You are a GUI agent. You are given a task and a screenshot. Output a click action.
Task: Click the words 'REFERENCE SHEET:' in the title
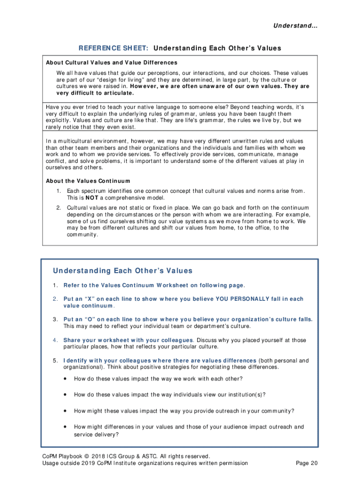(114, 48)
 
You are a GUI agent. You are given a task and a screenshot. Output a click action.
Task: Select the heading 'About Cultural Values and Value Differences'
(111, 63)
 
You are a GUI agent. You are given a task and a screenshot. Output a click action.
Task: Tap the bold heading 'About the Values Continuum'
(88, 181)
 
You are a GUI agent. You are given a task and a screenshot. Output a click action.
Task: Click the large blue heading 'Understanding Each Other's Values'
(122, 271)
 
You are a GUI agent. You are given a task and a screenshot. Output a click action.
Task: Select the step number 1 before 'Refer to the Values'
(55, 285)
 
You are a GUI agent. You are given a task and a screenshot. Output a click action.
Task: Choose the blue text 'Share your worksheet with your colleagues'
(128, 340)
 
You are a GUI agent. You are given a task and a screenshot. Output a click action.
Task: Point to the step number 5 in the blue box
(55, 361)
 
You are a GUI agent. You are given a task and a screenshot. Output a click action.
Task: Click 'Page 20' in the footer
(307, 464)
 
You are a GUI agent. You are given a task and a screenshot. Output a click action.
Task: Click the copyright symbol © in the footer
(87, 456)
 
